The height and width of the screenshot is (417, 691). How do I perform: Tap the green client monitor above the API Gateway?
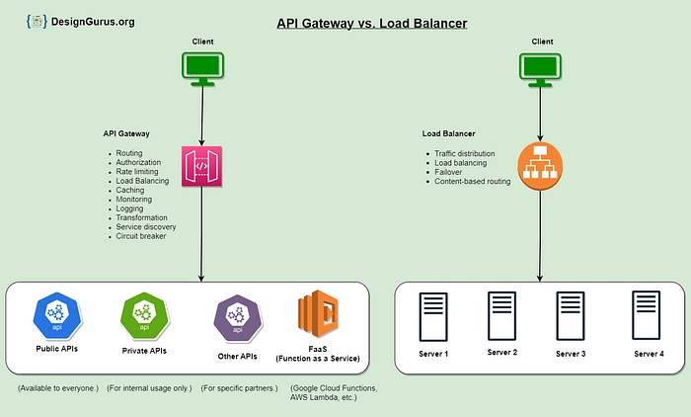201,68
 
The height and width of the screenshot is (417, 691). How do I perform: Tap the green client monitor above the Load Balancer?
542,68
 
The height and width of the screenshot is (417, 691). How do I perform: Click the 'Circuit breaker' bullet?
142,236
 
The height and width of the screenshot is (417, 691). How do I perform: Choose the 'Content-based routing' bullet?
472,182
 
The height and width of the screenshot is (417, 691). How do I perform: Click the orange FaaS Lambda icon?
318,314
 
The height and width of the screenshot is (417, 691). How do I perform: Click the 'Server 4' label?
649,354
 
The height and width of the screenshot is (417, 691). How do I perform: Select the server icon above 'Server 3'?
571,316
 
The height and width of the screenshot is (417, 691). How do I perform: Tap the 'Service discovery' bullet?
146,226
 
